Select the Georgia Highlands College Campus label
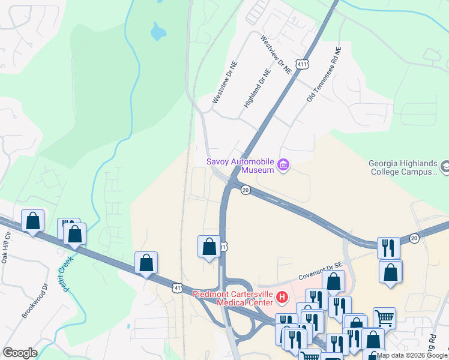pyautogui.click(x=402, y=168)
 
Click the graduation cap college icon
pyautogui.click(x=445, y=166)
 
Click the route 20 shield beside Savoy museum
pyautogui.click(x=245, y=190)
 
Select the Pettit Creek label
pyautogui.click(x=65, y=274)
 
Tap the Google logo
pyautogui.click(x=19, y=353)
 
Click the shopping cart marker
pyautogui.click(x=384, y=319)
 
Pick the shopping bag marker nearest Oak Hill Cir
pyautogui.click(x=33, y=221)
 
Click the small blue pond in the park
pyautogui.click(x=157, y=31)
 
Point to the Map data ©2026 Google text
pyautogui.click(x=412, y=355)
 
